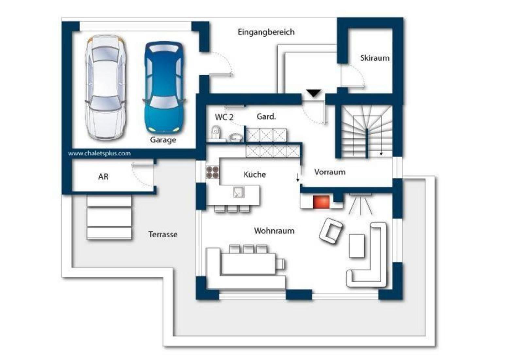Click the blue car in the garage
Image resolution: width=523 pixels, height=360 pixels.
point(164,88)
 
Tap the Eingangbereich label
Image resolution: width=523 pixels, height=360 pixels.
point(266,32)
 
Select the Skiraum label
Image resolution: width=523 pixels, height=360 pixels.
point(375,58)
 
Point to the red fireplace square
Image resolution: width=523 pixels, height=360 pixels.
point(321,202)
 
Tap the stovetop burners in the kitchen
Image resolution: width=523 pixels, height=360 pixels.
point(212,172)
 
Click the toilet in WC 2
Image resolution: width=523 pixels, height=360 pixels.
point(215,133)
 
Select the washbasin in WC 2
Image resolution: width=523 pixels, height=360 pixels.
point(235,137)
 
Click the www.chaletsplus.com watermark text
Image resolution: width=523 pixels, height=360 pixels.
point(99,153)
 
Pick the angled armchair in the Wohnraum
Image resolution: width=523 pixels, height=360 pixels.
point(330,231)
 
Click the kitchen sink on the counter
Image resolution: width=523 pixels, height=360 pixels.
point(239,192)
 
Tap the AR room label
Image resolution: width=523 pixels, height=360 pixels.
point(103,177)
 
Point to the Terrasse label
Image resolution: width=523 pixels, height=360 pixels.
point(163,234)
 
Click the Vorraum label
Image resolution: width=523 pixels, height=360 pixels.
point(330,172)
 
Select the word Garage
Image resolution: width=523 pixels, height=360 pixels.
point(163,140)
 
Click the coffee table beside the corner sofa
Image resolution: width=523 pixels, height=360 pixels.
point(357,246)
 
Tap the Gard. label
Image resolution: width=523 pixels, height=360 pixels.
point(266,116)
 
